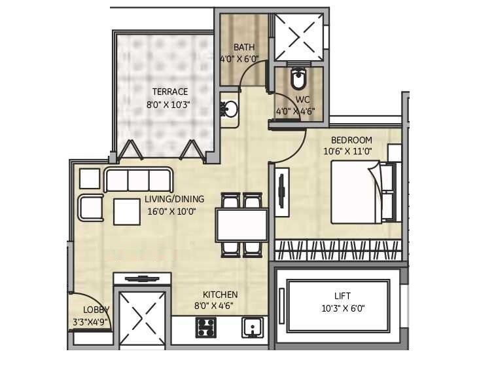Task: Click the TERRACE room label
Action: pyautogui.click(x=169, y=92)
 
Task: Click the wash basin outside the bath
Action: pyautogui.click(x=229, y=109)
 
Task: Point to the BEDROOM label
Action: pyautogui.click(x=351, y=140)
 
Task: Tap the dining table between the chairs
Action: pyautogui.click(x=241, y=225)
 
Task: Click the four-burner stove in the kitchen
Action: pyautogui.click(x=205, y=327)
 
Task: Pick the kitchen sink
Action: pyautogui.click(x=252, y=326)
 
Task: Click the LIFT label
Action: pyautogui.click(x=343, y=296)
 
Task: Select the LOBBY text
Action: pyautogui.click(x=96, y=310)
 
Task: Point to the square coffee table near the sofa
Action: pyautogui.click(x=126, y=211)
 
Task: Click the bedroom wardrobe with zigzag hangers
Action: pyautogui.click(x=338, y=249)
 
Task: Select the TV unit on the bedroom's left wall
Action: pyautogui.click(x=282, y=191)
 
